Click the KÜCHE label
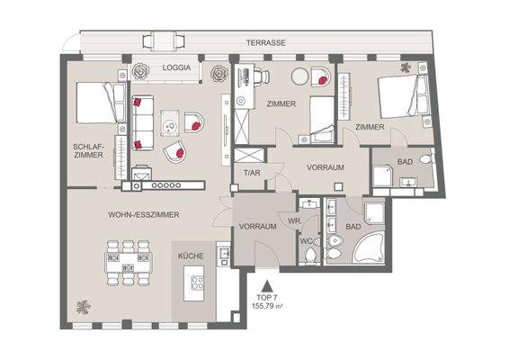click(x=191, y=256)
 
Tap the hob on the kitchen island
click(x=196, y=288)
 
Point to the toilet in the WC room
click(x=310, y=256)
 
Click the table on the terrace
click(x=165, y=41)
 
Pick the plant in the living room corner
click(x=84, y=305)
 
